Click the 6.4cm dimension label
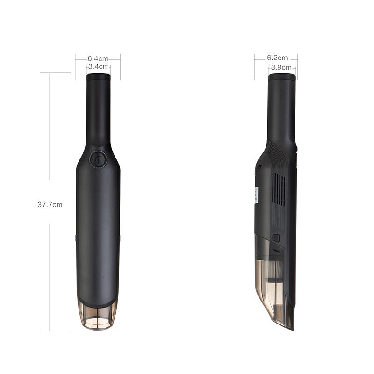coord(98,58)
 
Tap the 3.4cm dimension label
coord(98,67)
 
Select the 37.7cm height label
coord(50,204)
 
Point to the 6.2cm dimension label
coord(277,58)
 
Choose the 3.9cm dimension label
coord(281,67)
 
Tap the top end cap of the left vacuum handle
coord(98,76)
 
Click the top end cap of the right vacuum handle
coord(281,77)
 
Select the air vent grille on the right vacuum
coord(279,189)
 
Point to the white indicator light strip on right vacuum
coord(257,193)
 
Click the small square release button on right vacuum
coord(276,237)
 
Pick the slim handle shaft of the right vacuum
coord(282,108)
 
